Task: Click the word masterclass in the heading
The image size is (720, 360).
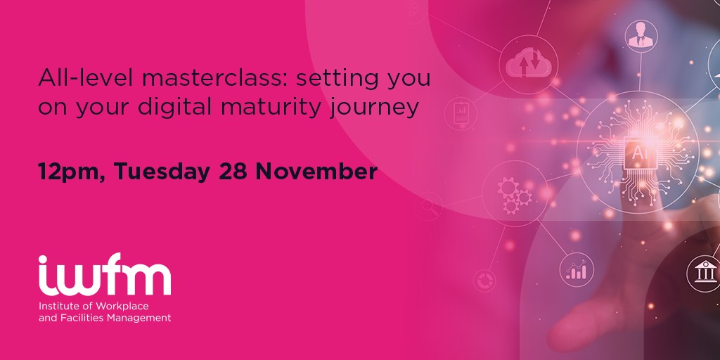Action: coord(214,78)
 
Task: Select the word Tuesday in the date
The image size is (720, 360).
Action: coord(162,172)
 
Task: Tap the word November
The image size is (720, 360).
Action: coord(316,172)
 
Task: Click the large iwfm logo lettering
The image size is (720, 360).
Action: coord(105,275)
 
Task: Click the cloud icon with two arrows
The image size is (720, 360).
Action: coord(529,65)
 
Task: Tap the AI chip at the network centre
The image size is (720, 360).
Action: coord(638,152)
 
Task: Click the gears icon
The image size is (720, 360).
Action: coord(514,195)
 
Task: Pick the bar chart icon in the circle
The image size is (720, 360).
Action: coord(577,270)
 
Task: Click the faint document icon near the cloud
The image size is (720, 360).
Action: coord(461,113)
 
